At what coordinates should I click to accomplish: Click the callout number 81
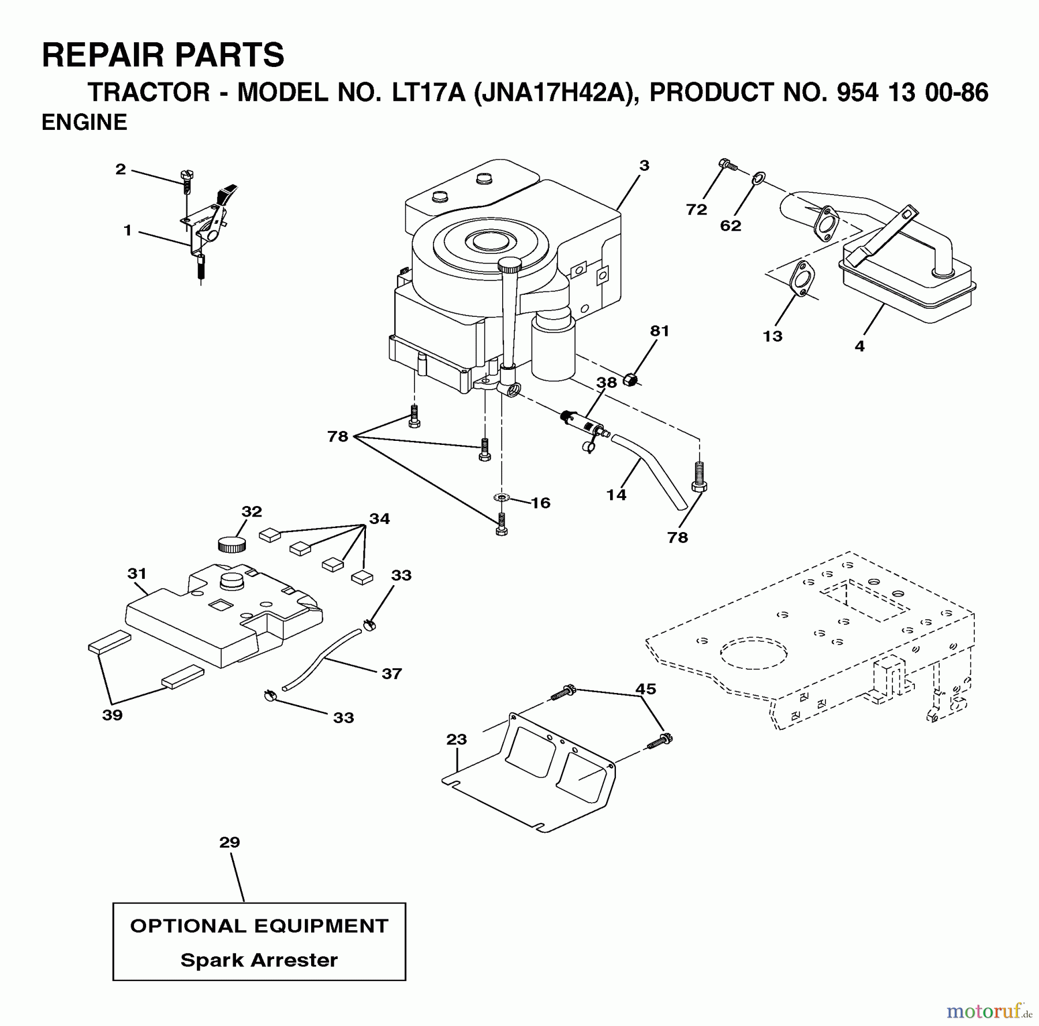click(x=659, y=331)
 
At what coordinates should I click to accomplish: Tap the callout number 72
click(x=696, y=209)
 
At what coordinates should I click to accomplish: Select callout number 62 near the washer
click(x=730, y=226)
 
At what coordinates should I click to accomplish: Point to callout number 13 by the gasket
click(x=772, y=336)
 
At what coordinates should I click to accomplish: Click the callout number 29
click(x=229, y=842)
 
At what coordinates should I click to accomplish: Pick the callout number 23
click(x=456, y=739)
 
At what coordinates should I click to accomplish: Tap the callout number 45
click(x=645, y=688)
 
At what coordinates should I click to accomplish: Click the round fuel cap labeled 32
click(x=231, y=544)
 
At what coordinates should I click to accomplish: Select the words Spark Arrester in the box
click(x=259, y=960)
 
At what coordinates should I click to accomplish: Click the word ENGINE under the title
click(x=84, y=122)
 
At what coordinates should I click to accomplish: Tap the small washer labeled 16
click(x=502, y=497)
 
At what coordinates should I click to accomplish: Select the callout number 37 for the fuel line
click(x=391, y=673)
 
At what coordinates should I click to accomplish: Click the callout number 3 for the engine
click(x=644, y=166)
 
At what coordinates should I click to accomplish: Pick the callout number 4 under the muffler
click(x=859, y=346)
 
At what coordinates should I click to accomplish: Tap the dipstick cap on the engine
click(x=509, y=265)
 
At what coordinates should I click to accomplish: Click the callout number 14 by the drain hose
click(x=616, y=495)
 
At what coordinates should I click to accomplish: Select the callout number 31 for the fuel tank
click(x=137, y=574)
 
